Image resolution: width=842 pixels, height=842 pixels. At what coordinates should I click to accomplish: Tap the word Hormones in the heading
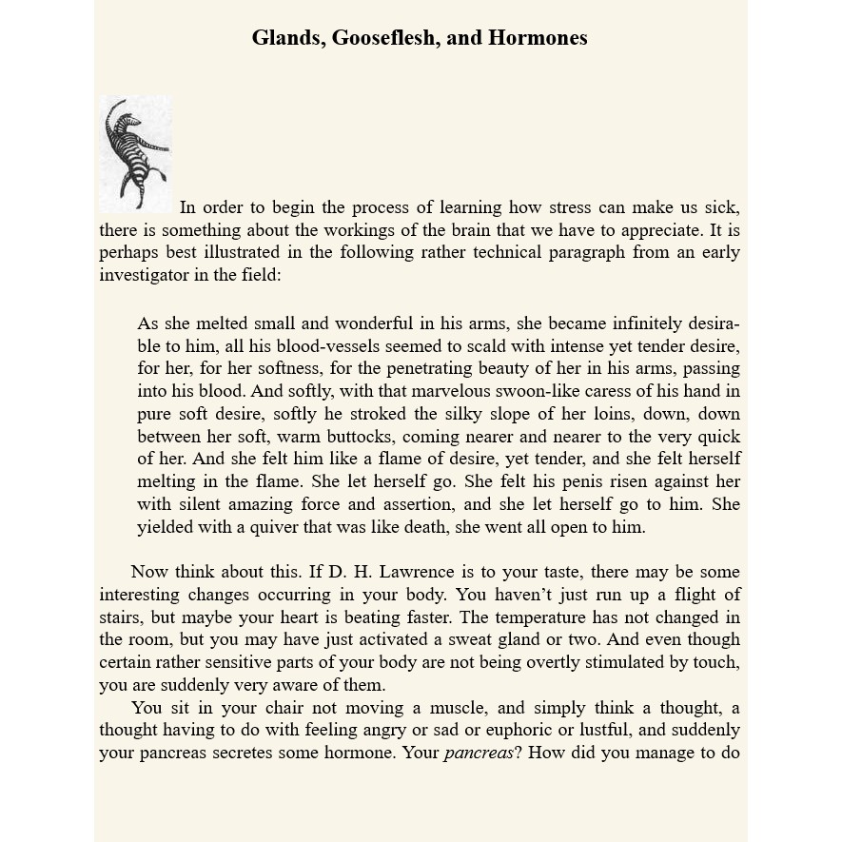(x=538, y=38)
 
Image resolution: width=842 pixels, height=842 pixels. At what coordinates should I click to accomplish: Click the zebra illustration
(x=136, y=152)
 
